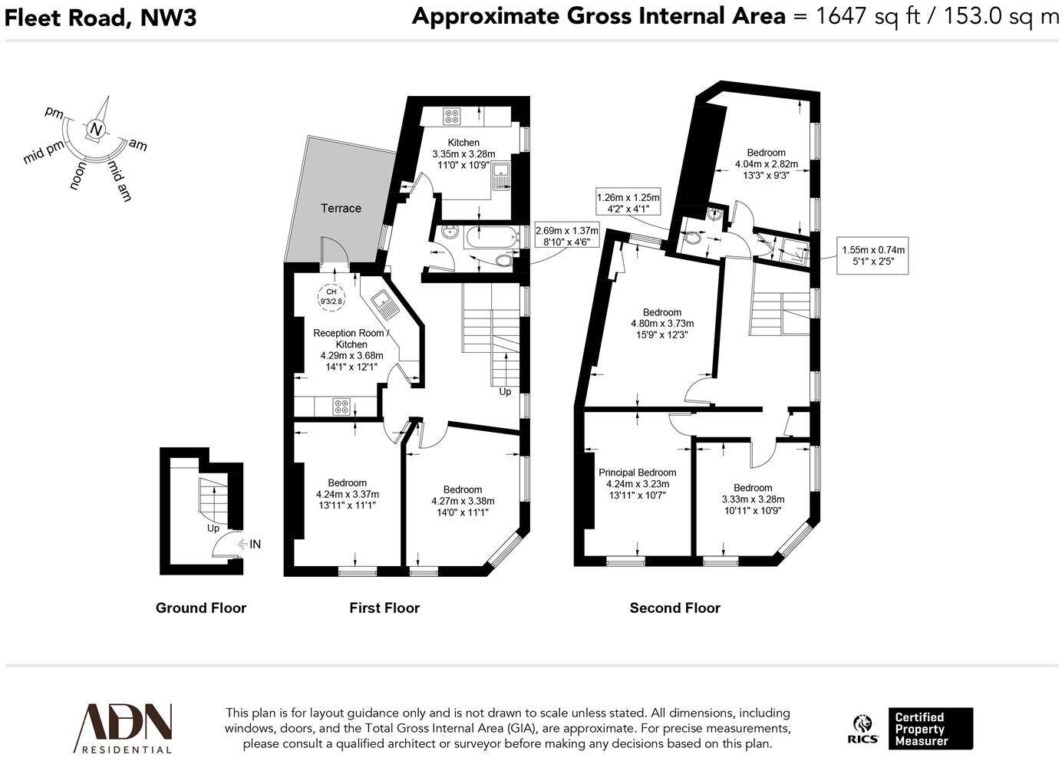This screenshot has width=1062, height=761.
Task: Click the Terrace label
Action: (341, 208)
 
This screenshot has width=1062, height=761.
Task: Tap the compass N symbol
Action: (96, 130)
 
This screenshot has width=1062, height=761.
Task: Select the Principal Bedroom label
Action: (637, 473)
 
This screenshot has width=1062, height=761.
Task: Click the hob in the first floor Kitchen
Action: (452, 117)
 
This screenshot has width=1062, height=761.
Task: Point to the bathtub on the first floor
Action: (490, 237)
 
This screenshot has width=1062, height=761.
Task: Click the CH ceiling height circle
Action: (331, 297)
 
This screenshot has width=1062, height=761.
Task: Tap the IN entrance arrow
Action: (249, 544)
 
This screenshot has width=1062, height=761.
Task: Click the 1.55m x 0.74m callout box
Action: (872, 255)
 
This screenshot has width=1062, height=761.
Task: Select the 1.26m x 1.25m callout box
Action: (628, 203)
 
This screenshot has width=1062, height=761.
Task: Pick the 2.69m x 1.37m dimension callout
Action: (566, 236)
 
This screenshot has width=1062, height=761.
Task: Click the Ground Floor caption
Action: (201, 608)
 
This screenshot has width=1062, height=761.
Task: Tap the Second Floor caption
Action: (674, 608)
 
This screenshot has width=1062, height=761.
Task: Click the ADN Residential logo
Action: (123, 728)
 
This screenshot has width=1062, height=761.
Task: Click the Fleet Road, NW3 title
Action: (100, 18)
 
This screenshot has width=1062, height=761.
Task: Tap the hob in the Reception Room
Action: (341, 407)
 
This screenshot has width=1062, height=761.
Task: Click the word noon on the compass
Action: (78, 176)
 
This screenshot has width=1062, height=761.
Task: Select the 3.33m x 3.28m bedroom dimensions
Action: (753, 499)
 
